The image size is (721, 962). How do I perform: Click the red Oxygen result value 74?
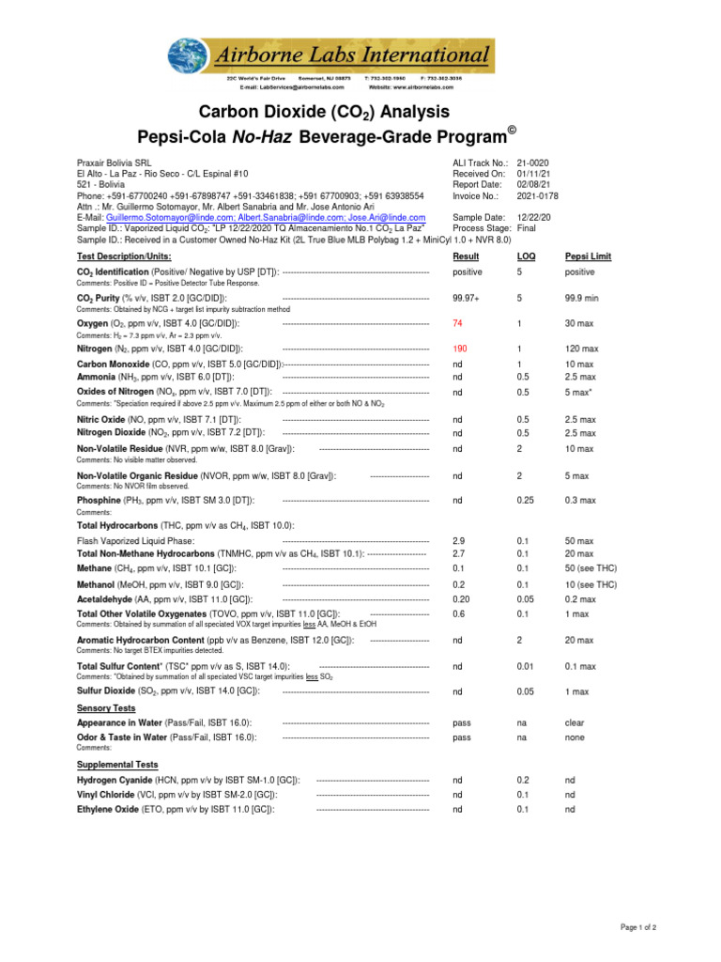[458, 322]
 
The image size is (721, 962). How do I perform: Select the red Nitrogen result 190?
[460, 349]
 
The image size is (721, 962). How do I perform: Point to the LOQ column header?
[526, 256]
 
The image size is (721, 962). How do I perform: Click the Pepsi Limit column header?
[588, 256]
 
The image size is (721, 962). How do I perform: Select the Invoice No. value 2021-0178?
[538, 196]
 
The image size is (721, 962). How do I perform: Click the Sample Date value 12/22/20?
[534, 217]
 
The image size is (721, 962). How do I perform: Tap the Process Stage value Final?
[527, 228]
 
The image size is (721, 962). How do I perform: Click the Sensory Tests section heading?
[105, 708]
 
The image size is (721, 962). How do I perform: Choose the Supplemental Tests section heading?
[117, 765]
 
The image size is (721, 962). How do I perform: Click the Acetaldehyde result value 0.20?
[461, 598]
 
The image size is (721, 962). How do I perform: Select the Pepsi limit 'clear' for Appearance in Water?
[575, 723]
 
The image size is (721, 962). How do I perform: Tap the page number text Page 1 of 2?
[638, 927]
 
